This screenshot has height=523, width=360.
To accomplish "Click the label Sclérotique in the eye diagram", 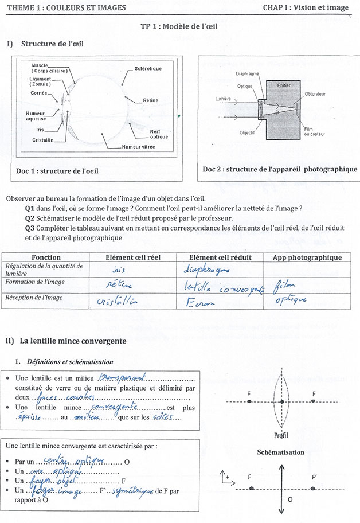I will point(148,69).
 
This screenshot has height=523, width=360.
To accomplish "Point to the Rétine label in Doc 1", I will point(151,100).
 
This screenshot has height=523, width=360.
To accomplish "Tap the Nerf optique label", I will point(159,134).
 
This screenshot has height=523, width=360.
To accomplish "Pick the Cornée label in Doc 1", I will point(40,93).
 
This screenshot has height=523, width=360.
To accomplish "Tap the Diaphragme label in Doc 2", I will point(248,74).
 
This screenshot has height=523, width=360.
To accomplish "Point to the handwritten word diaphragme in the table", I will point(207,269).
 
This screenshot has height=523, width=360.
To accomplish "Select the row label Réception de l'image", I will point(34,298).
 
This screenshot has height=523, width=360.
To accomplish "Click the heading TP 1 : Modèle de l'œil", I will point(179,26).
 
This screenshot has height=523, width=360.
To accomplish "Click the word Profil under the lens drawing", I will point(281,434).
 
